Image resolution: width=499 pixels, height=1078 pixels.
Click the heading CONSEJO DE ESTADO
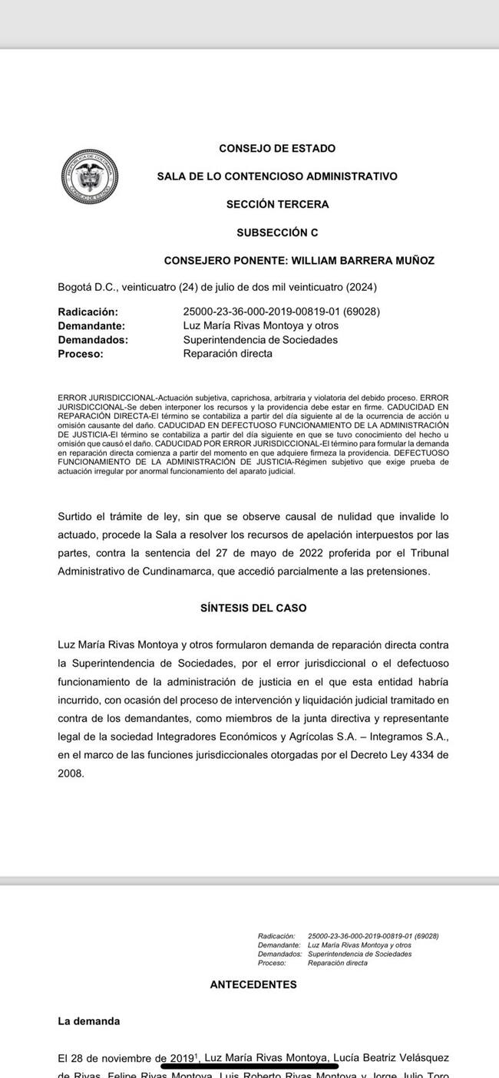point(277,149)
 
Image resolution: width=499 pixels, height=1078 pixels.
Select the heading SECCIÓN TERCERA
point(277,205)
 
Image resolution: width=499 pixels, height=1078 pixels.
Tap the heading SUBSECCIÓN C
point(277,232)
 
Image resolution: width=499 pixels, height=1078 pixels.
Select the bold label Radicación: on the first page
point(88,312)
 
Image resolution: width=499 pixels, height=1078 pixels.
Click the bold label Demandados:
point(93,340)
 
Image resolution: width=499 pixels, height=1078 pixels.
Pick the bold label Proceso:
point(81,354)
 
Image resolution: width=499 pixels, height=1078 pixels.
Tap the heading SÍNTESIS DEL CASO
point(253,608)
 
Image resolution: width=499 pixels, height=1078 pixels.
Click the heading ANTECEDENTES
point(253,984)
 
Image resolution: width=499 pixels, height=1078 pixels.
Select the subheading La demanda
point(89,1021)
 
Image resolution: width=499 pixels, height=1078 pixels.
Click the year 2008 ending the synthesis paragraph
point(71,773)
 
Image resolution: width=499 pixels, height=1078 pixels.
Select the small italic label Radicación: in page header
point(276,936)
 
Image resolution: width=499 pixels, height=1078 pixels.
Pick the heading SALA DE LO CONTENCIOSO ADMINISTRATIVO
point(277,176)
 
